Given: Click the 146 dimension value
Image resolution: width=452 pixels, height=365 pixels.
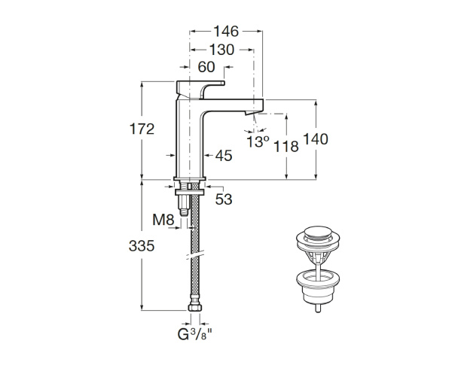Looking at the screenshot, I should pos(225,31).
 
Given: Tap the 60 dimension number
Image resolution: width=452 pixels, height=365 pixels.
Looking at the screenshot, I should pos(206,67).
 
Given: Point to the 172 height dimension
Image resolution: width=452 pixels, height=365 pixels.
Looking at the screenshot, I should pos(140,129).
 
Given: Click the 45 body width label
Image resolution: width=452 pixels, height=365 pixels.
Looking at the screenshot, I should pos(223,156).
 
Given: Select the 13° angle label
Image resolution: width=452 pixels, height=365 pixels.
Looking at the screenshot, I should pos(258,141).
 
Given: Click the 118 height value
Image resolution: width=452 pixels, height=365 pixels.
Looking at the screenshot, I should pos(286,147).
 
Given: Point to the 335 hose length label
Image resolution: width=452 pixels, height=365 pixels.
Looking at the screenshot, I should pos(140,245).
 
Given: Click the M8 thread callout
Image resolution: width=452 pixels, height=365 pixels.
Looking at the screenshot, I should pos(163,220).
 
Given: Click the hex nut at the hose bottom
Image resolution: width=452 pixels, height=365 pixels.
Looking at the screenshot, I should pos(194,309).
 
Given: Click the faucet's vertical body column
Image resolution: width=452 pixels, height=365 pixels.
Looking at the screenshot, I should pos(190,139).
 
